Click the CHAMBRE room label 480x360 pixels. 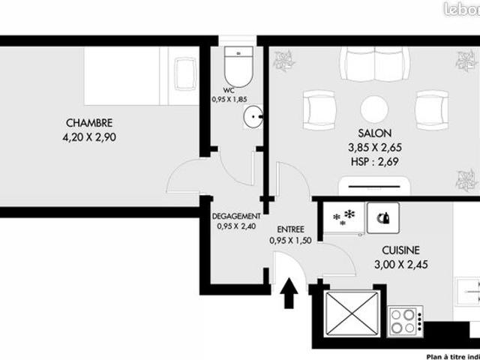pos(89,123)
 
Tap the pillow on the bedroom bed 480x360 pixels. pos(184,74)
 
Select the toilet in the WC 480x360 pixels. pos(239,68)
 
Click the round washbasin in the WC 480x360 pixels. pos(253,117)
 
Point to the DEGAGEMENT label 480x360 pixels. pos(235,214)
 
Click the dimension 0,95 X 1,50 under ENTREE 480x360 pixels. pos(290,241)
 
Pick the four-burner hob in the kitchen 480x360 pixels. pos(406,321)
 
